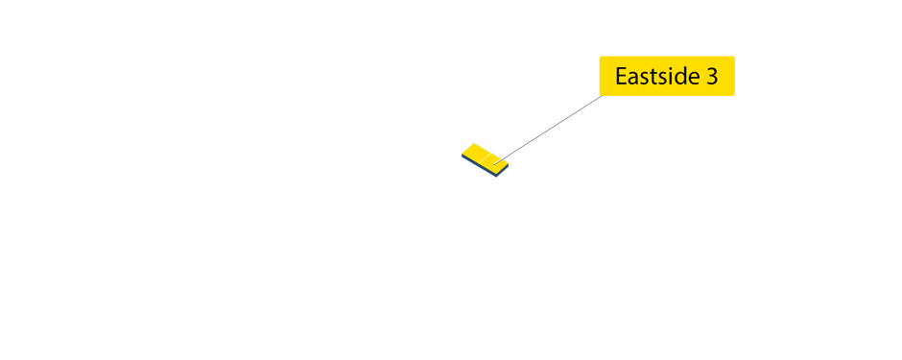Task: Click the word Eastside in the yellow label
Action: coord(655,77)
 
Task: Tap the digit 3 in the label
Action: coord(712,77)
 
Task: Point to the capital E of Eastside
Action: coord(621,77)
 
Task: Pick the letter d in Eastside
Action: coord(682,77)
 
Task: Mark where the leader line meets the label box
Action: coord(602,96)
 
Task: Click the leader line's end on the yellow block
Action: coord(496,162)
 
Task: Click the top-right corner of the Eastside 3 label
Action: coord(734,57)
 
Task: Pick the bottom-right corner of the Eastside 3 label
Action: coord(734,95)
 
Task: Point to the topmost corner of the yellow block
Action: coord(474,143)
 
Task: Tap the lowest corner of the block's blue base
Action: coord(497,179)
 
